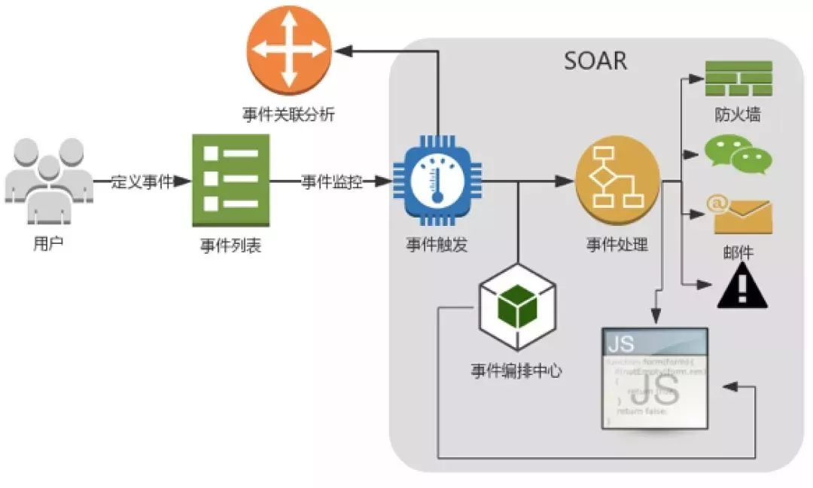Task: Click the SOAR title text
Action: (x=595, y=59)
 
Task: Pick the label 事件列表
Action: (x=230, y=246)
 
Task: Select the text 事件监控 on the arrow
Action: (x=332, y=181)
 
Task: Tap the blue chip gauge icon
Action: (x=436, y=181)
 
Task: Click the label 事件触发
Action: (x=436, y=245)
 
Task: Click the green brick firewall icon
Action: (x=738, y=78)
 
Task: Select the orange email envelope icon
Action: (x=738, y=215)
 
